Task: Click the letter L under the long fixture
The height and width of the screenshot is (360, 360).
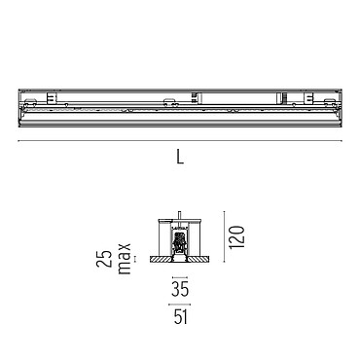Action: coord(180,156)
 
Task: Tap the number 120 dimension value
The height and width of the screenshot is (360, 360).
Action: coord(236,237)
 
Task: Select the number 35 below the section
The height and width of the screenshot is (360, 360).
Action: coord(180,290)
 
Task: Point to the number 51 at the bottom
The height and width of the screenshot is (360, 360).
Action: coord(180,316)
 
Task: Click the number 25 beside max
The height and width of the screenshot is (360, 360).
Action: coord(104,259)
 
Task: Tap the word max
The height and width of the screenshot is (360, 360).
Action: coord(125,259)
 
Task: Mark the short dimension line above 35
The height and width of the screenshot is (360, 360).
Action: coord(180,277)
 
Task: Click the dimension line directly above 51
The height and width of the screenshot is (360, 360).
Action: coord(180,305)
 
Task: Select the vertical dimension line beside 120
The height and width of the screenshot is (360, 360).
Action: coord(224,236)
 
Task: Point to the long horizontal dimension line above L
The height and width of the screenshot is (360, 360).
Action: coord(180,141)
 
